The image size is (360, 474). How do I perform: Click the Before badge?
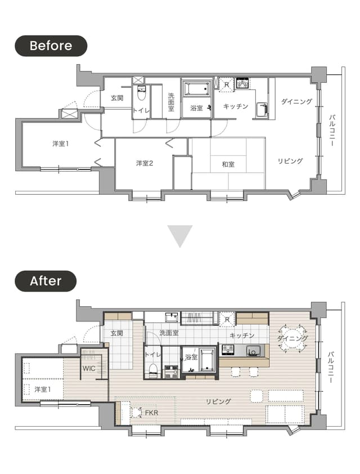click(51, 46)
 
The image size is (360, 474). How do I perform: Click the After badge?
click(46, 281)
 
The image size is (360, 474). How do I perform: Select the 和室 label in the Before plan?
click(228, 164)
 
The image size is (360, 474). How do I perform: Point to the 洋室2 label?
click(145, 164)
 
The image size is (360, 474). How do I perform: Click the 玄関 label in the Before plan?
click(117, 98)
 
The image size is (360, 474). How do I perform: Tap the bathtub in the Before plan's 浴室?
click(197, 88)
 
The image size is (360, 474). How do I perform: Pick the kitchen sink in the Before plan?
click(262, 109)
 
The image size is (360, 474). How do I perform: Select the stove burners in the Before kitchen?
click(242, 83)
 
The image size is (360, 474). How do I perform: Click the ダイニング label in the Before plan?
click(296, 101)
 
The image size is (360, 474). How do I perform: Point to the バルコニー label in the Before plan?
click(332, 130)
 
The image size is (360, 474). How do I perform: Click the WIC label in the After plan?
click(89, 369)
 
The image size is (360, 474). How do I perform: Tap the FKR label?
click(151, 413)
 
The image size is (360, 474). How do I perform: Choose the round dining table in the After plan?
click(292, 338)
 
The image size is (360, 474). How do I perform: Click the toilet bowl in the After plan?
click(154, 370)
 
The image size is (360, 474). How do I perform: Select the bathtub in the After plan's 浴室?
click(208, 360)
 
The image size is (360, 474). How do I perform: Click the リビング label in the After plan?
click(218, 401)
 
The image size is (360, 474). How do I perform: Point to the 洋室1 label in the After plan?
click(43, 390)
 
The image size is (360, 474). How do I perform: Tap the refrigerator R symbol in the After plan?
click(227, 320)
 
